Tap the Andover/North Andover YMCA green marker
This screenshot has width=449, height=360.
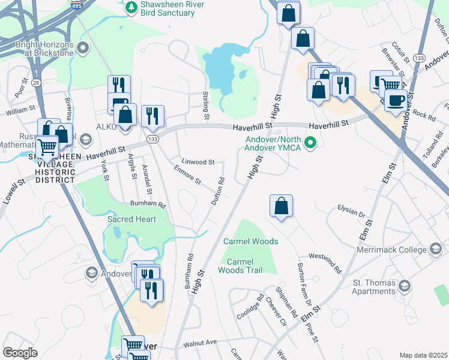[x=310, y=142]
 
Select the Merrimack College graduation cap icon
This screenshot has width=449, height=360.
[x=436, y=249]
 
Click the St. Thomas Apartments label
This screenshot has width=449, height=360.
[x=365, y=287]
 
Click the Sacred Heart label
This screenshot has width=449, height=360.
[x=131, y=219]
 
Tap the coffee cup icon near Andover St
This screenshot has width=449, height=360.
[x=396, y=100]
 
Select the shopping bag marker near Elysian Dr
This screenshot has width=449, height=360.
[x=281, y=206]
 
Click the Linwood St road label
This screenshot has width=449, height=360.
[x=199, y=162]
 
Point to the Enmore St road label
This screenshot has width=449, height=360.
[x=187, y=176]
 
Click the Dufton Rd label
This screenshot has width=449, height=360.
[x=217, y=191]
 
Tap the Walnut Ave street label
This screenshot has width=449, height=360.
[x=199, y=343]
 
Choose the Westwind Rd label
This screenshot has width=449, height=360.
[x=325, y=262]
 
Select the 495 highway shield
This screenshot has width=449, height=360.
[x=77, y=3]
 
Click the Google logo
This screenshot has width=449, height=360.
[x=20, y=352]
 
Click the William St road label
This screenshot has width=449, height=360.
[x=21, y=111]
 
